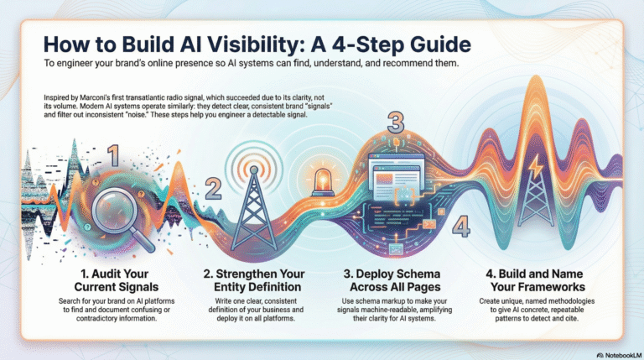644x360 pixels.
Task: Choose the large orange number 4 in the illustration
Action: (460, 227)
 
